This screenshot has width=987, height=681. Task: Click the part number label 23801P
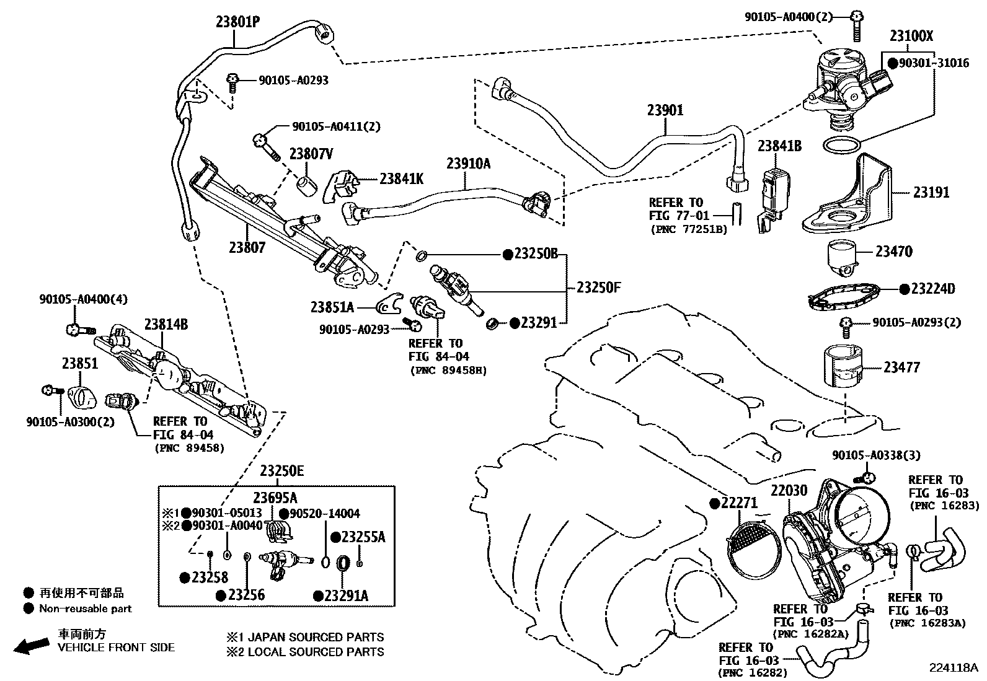237,22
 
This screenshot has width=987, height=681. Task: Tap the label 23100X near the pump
911,36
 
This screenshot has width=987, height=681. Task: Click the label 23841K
401,178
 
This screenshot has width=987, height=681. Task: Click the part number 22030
789,491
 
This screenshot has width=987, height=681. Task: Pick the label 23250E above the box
281,471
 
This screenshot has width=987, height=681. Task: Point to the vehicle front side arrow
31,647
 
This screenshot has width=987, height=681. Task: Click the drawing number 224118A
952,667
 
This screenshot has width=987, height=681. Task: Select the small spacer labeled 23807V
306,186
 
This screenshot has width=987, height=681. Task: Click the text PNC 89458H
448,371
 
